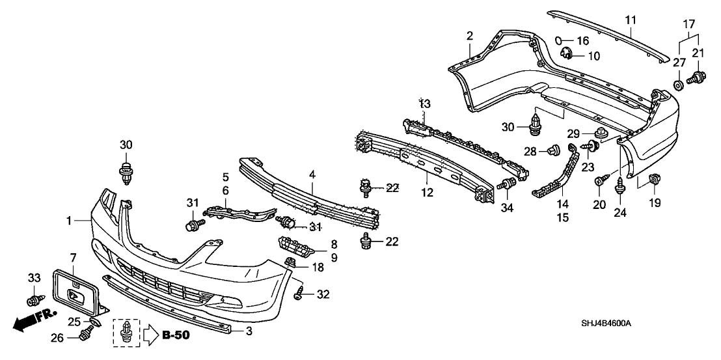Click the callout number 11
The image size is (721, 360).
coord(630,20)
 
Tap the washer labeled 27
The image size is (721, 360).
coord(679,84)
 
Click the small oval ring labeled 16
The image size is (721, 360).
coord(559,40)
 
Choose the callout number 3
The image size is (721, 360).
coord(248,331)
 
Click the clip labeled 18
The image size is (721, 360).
coord(291,263)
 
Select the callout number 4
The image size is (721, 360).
coord(313,174)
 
